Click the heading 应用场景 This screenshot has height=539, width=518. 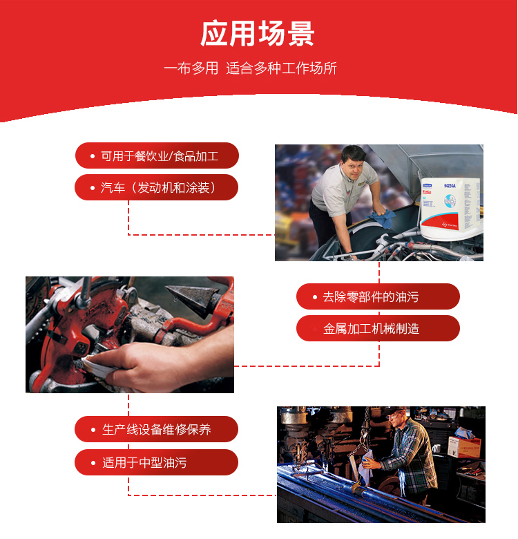(x=258, y=33)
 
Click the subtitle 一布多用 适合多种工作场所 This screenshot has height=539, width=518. (x=250, y=68)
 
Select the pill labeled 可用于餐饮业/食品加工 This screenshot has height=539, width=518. (x=157, y=155)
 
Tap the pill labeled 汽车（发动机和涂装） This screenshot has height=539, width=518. (x=156, y=187)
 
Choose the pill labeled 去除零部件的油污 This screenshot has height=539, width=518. (x=378, y=296)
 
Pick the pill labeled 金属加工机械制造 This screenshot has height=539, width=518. (x=378, y=328)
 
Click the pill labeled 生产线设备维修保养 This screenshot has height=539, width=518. (x=156, y=429)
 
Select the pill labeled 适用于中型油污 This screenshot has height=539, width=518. (x=156, y=462)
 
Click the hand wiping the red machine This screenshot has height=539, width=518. (x=155, y=364)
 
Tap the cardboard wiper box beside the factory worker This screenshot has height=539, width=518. (x=464, y=446)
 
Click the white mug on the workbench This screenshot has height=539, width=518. (x=437, y=448)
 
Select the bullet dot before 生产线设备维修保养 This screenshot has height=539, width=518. (x=93, y=429)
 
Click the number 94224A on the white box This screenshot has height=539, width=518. (x=450, y=186)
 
